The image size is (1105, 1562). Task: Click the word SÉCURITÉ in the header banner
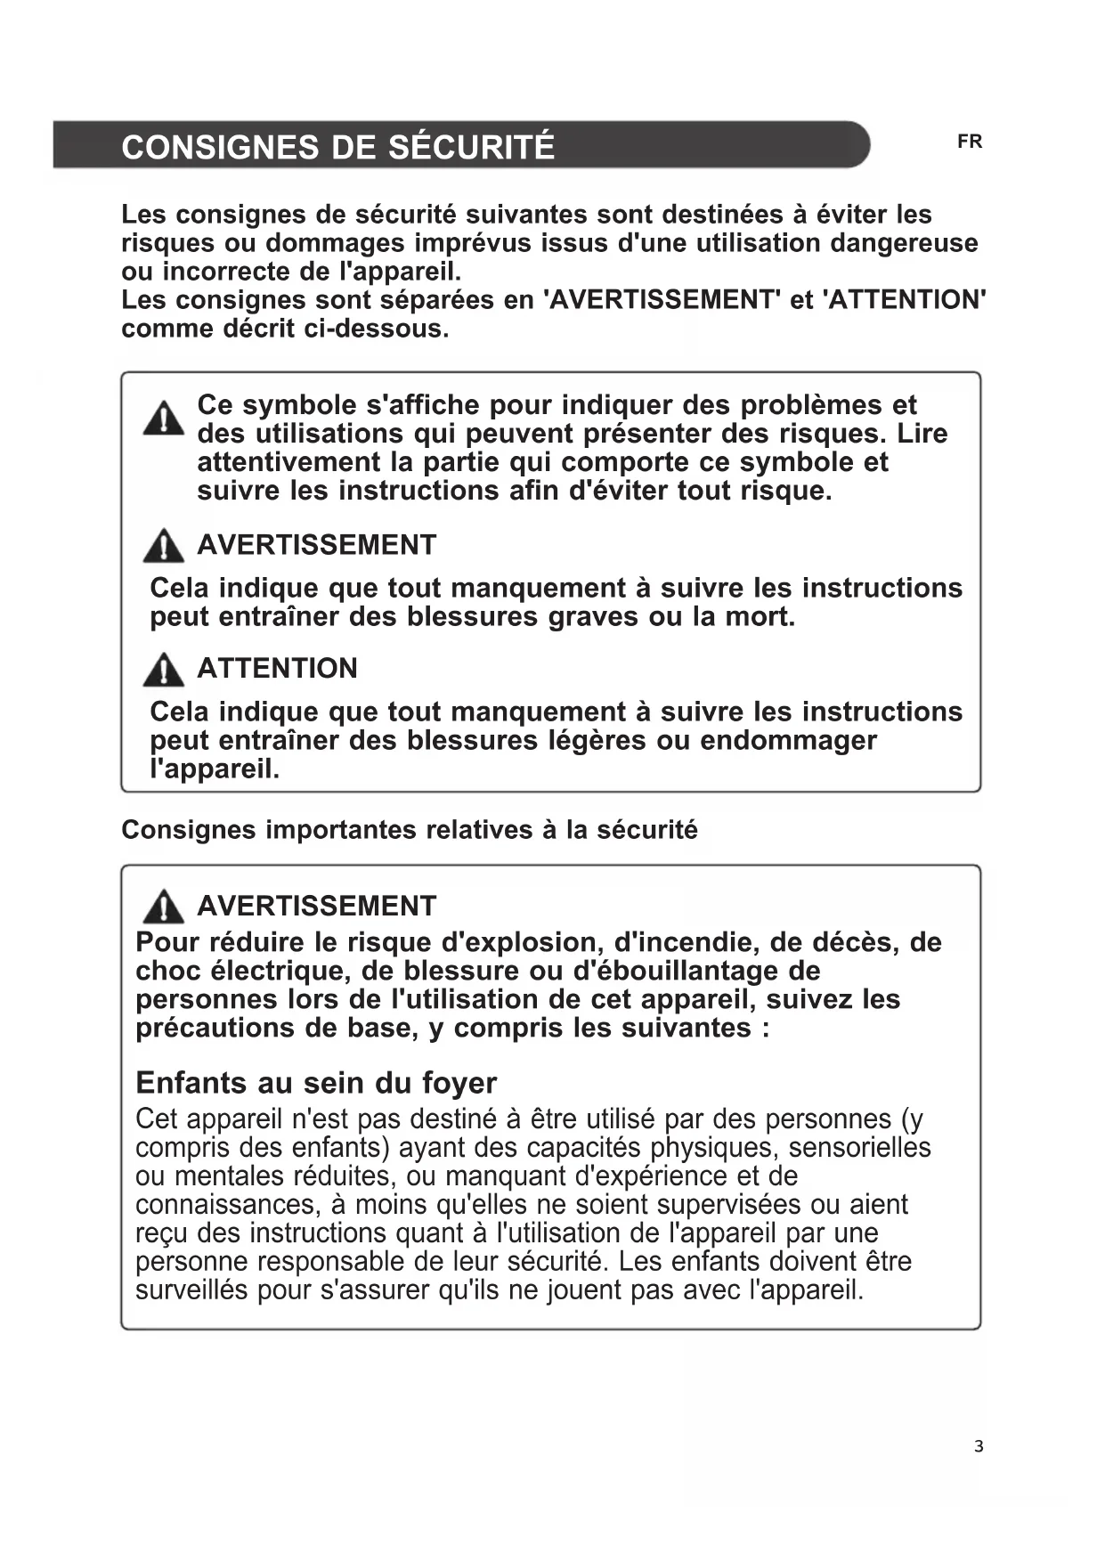472,147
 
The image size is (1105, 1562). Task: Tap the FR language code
970,142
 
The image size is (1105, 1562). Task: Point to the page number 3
979,1446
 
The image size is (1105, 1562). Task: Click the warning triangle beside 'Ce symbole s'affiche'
164,419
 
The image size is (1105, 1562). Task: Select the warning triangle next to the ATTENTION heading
164,670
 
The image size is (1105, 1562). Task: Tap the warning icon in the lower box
164,907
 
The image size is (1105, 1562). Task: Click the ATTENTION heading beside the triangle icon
277,669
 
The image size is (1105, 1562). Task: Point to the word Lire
922,434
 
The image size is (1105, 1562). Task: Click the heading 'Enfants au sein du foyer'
316,1083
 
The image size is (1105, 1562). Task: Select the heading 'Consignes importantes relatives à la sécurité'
410,830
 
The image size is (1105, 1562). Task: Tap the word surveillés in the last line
191,1290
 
